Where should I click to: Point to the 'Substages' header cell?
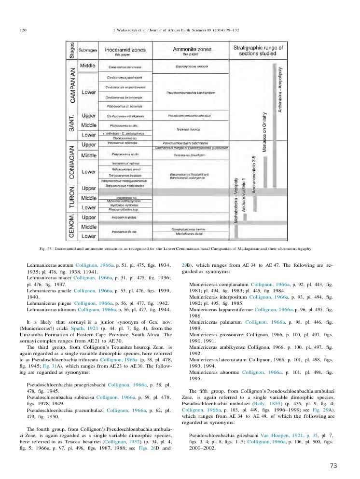[x=88, y=50]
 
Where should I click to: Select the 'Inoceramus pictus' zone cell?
[x=124, y=217]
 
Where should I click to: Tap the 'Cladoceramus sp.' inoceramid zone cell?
[x=124, y=138]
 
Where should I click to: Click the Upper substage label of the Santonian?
[x=88, y=116]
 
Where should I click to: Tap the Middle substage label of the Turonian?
[x=88, y=198]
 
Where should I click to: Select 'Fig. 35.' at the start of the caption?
[x=46, y=249]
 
